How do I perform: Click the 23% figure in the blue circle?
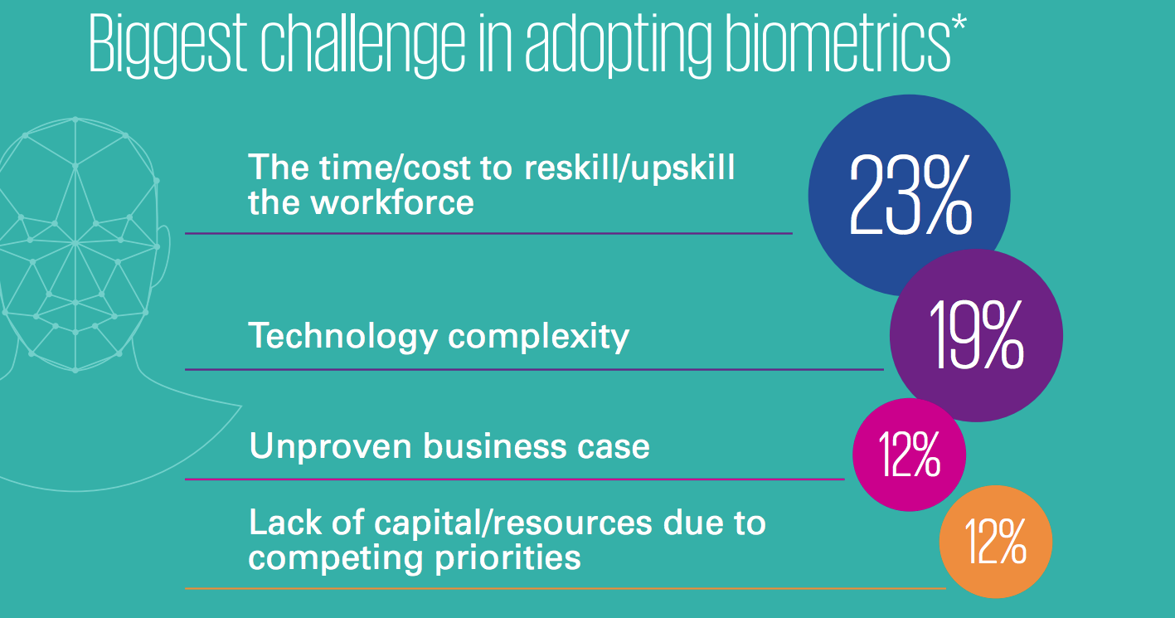pos(910,195)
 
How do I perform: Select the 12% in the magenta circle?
pos(910,455)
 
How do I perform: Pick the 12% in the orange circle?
pos(996,542)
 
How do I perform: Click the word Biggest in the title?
pos(168,43)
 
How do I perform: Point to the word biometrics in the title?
pos(838,43)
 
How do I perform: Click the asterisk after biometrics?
pos(959,23)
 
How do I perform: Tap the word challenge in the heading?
pos(363,43)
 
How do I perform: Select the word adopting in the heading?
pos(618,43)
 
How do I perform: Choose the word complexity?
pos(538,337)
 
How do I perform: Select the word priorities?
pos(507,557)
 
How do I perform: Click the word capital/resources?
pos(513,524)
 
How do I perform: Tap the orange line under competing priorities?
pos(566,589)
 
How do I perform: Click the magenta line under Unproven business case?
pos(515,479)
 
